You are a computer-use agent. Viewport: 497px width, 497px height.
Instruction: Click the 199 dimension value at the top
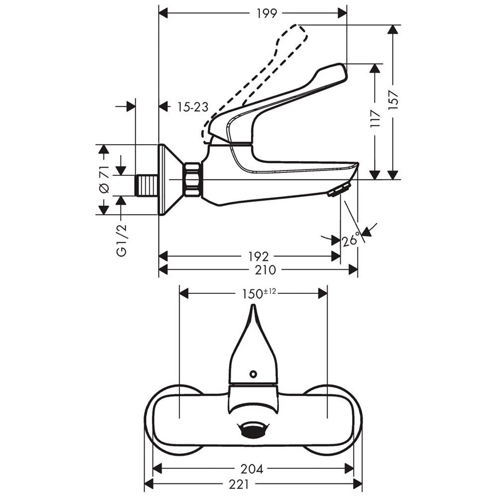pos(266,13)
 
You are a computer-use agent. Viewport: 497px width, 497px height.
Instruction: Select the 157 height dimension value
pos(393,100)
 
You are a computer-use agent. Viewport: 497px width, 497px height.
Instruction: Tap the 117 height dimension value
pos(375,119)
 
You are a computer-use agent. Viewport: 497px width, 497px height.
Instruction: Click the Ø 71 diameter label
pos(104,179)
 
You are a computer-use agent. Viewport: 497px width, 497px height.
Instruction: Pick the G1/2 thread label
pos(121,240)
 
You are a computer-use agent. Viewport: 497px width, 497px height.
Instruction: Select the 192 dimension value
pos(258,256)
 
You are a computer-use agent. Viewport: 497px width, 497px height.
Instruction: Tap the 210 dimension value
pos(265,270)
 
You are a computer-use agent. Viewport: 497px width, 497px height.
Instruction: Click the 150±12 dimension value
pos(259,294)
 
